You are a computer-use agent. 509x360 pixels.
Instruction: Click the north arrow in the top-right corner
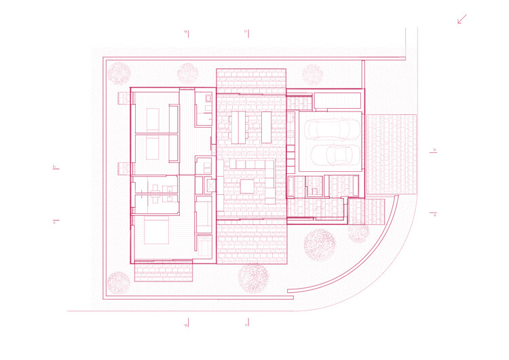coord(462,19)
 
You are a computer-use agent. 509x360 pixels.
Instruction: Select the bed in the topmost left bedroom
coord(153,120)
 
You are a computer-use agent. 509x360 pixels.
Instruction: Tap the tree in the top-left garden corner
coord(119,73)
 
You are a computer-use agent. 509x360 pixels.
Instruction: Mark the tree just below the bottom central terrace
coord(252,278)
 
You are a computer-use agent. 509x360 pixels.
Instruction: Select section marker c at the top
coord(246,31)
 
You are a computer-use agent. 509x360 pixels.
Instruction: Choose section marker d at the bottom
coord(186,325)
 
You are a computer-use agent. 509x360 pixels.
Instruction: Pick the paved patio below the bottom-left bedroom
coord(164,272)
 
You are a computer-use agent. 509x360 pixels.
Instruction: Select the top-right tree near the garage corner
coord(312,73)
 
